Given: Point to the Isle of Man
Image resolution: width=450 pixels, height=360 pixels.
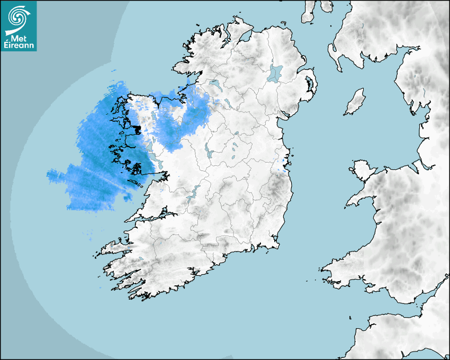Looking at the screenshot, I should pos(355,102).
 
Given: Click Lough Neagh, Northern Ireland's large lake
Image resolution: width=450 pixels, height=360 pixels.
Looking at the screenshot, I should pos(275,73).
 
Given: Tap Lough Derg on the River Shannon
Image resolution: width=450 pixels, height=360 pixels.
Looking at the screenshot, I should pos(193,193).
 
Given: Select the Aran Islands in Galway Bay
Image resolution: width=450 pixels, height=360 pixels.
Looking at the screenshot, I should pos(139,185).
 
